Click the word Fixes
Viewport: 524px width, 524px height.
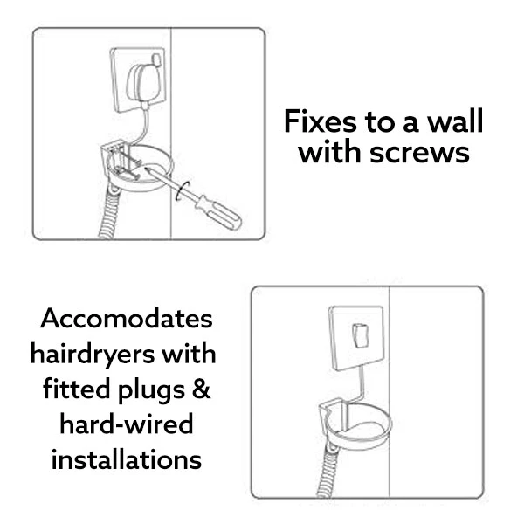click(321, 121)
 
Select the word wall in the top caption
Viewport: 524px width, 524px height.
click(456, 121)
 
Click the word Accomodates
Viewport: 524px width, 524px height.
click(127, 318)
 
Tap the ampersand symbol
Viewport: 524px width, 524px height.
click(201, 389)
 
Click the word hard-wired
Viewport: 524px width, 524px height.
click(127, 424)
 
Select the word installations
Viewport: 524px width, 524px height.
click(127, 459)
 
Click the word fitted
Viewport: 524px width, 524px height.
click(77, 389)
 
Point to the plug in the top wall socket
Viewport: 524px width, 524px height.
click(140, 82)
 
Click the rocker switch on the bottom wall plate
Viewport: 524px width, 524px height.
click(361, 335)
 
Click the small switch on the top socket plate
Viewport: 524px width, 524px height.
click(156, 59)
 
